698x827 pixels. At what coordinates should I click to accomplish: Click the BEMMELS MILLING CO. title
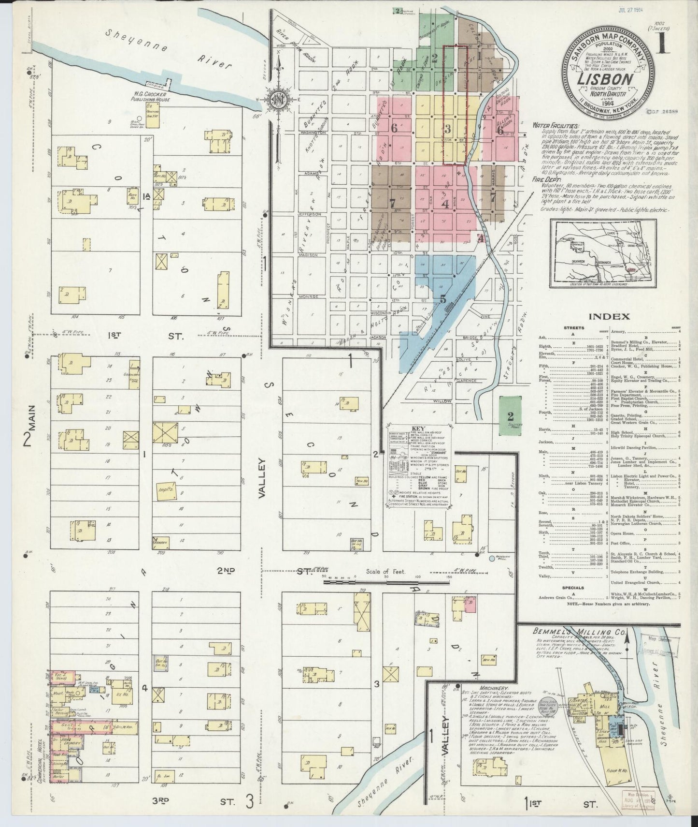click(573, 632)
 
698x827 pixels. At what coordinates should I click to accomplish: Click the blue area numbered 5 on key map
click(443, 298)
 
